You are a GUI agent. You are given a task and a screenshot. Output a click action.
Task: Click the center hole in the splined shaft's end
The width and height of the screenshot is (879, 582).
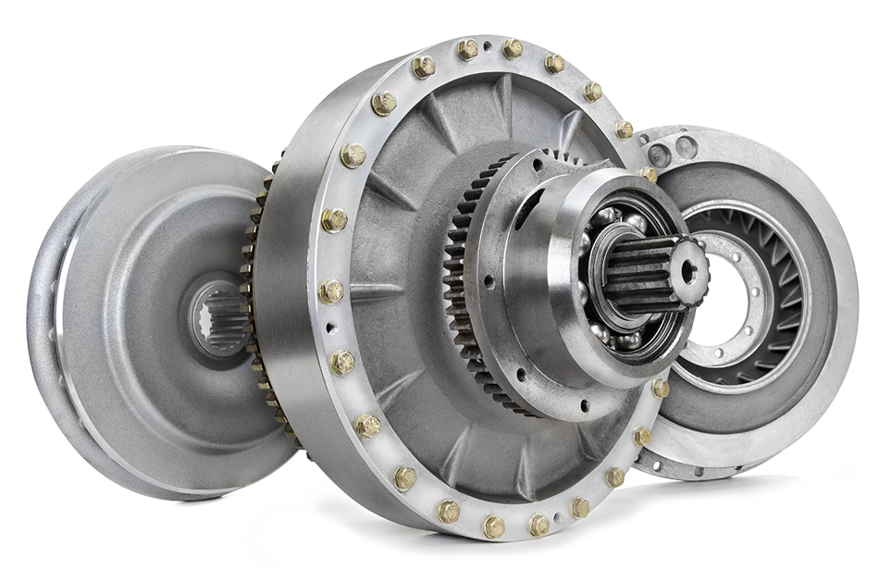[x=688, y=270]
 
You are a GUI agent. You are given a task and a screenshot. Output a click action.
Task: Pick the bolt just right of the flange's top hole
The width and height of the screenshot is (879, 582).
[x=512, y=48]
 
